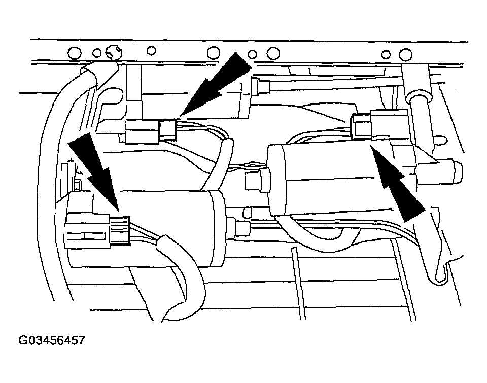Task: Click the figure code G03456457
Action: (52, 340)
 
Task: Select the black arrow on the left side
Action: (95, 171)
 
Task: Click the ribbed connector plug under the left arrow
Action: (120, 231)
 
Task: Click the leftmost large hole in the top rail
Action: (74, 53)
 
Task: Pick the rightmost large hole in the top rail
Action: (405, 55)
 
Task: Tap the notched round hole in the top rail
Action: (113, 52)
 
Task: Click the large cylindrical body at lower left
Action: (146, 229)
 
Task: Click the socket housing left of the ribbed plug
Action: (87, 230)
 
